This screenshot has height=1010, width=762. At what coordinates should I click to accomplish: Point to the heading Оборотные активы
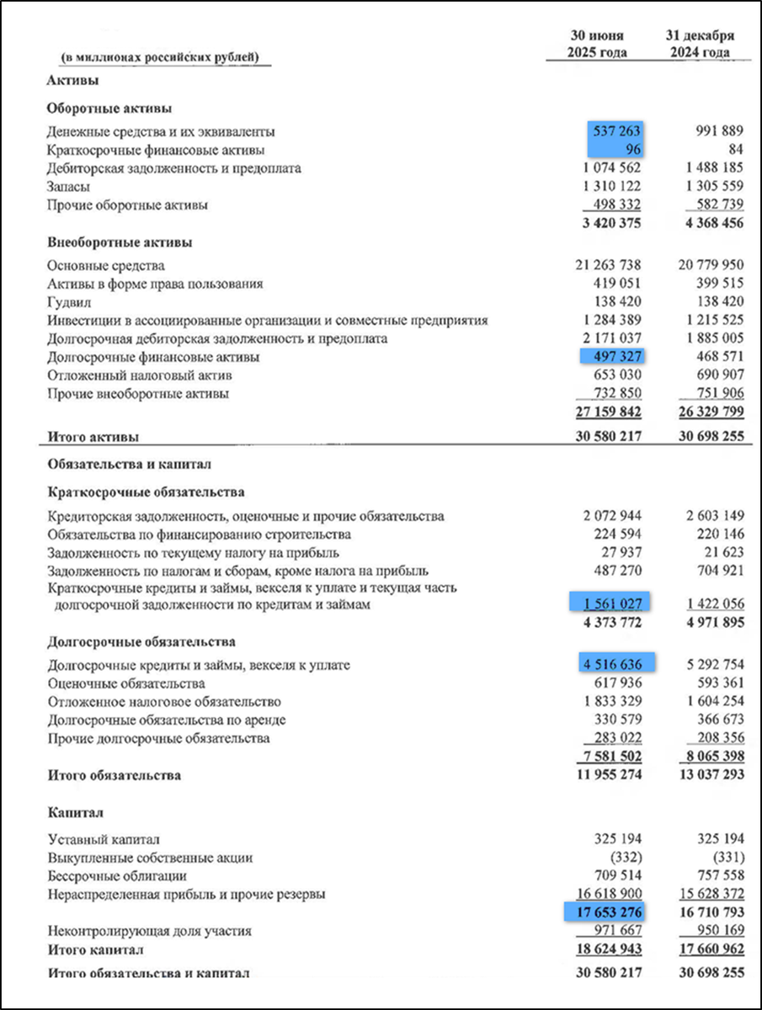(110, 109)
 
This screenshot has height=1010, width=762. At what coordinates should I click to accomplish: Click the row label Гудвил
(69, 302)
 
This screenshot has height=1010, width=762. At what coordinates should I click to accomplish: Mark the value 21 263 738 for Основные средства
(606, 266)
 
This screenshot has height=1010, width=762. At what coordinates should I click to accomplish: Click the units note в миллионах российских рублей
(160, 57)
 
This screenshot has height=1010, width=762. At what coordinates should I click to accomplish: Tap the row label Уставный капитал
(104, 839)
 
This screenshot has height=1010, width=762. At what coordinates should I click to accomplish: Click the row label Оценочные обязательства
(126, 683)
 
